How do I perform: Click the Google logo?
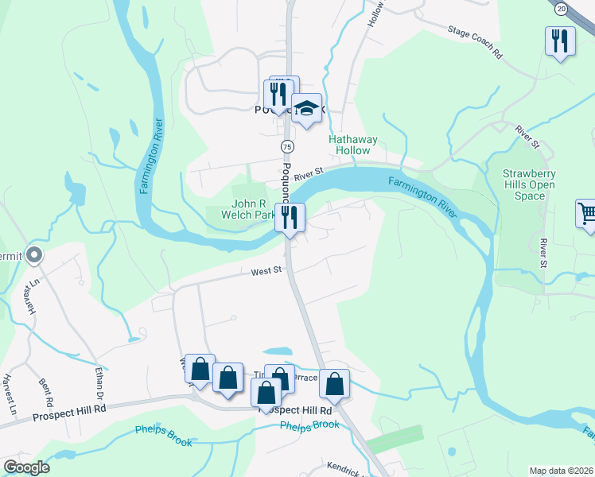[x=26, y=467]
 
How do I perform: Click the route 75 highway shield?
[x=287, y=147]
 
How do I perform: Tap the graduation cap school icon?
[x=305, y=109]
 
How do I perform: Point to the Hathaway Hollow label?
[x=353, y=145]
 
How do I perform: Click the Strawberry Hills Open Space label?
[x=529, y=184]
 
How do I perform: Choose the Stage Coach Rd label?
[x=476, y=43]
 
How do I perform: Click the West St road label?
[x=267, y=271]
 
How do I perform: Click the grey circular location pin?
[x=33, y=255]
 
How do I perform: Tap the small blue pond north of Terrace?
[x=276, y=351]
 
